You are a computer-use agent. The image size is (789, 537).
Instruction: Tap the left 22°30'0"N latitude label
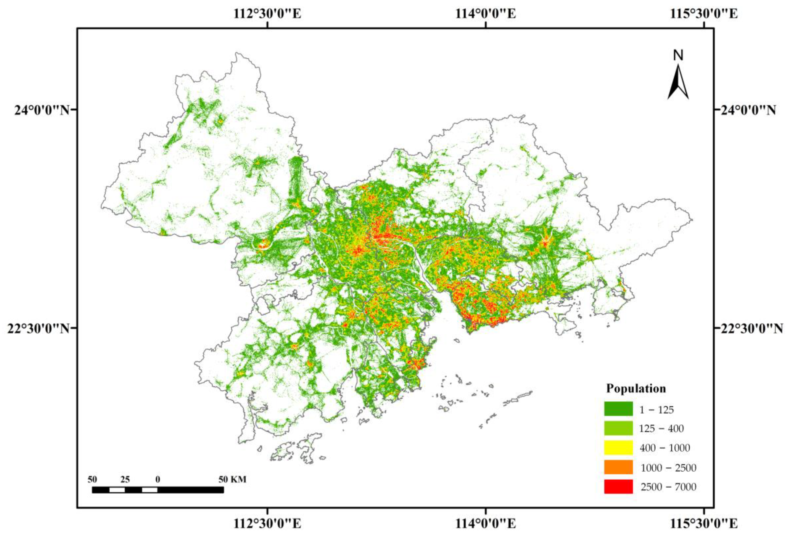38,328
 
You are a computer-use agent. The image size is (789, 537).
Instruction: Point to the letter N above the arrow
678,55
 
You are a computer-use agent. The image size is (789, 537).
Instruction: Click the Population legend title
636,388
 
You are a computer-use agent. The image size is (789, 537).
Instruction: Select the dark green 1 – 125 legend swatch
618,409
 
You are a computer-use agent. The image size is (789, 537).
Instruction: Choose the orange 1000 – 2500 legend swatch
618,467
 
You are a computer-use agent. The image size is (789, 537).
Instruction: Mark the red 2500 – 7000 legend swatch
618,486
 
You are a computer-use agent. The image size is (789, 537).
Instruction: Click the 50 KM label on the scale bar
232,479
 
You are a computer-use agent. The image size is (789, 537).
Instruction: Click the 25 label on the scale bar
125,479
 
